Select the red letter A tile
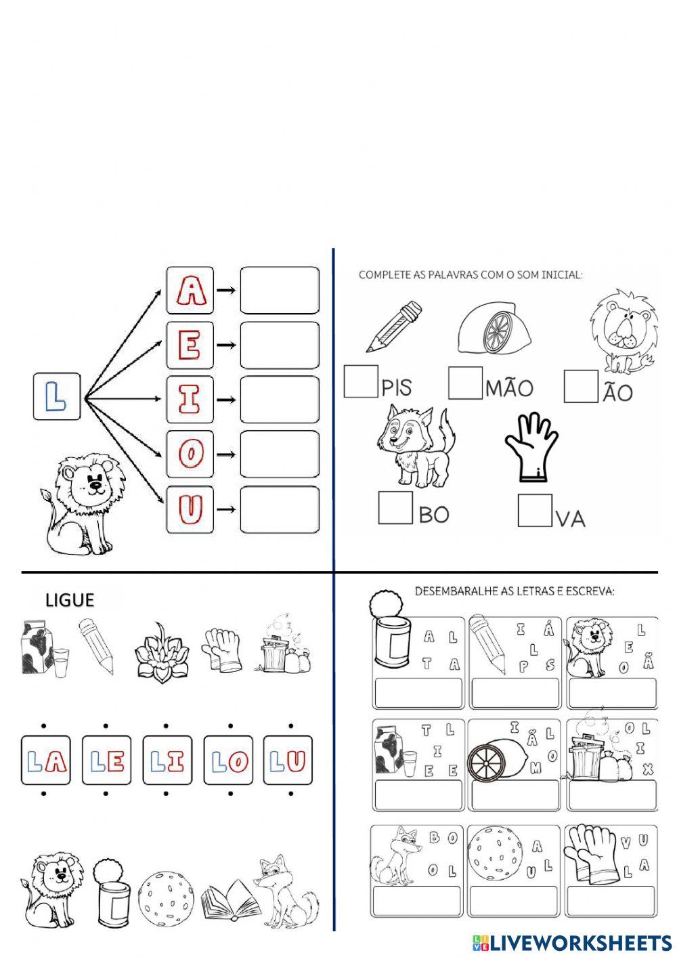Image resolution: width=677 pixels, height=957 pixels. pyautogui.click(x=190, y=290)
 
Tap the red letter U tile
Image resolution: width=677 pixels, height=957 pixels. pyautogui.click(x=190, y=509)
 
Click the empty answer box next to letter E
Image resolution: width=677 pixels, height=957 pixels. pyautogui.click(x=279, y=345)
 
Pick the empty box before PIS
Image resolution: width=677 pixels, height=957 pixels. pyautogui.click(x=361, y=381)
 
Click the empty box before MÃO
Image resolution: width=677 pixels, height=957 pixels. pyautogui.click(x=466, y=383)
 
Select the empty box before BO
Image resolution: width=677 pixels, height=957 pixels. pyautogui.click(x=395, y=507)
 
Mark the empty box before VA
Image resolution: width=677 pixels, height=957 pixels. pyautogui.click(x=535, y=510)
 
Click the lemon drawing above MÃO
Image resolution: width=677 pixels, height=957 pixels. pyautogui.click(x=494, y=328)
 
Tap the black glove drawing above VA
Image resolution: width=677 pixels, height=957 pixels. pyautogui.click(x=531, y=447)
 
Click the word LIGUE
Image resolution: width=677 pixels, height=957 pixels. pyautogui.click(x=70, y=600)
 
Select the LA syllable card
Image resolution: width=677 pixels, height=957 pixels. pyautogui.click(x=45, y=760)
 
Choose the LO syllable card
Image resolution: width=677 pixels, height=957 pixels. pyautogui.click(x=228, y=760)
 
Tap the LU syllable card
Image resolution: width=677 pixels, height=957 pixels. pyautogui.click(x=288, y=760)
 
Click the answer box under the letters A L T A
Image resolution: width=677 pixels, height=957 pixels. pyautogui.click(x=418, y=694)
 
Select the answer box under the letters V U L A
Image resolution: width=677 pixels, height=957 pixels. pyautogui.click(x=612, y=901)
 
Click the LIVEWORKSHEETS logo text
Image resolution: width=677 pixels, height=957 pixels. pyautogui.click(x=580, y=942)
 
